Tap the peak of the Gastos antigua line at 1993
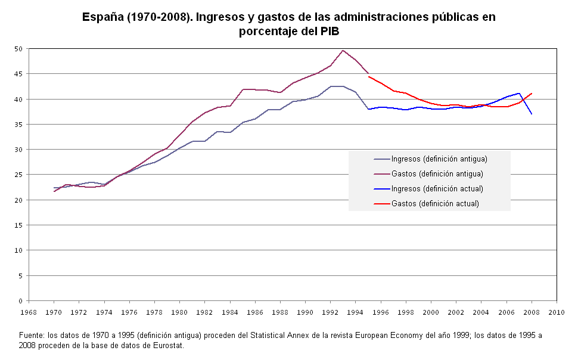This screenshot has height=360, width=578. (x=343, y=51)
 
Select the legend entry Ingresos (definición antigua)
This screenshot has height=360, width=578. (x=439, y=159)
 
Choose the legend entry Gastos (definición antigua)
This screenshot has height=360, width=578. (x=437, y=174)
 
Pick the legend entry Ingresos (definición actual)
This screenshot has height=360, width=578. (x=437, y=189)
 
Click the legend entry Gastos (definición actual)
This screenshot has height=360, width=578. (x=435, y=204)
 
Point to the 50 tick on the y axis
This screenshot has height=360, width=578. (x=18, y=49)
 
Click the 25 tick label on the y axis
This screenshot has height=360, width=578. (x=18, y=175)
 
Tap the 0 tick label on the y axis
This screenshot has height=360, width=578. (x=20, y=301)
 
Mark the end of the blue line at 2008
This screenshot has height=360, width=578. (x=532, y=113)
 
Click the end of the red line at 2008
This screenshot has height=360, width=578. (x=532, y=93)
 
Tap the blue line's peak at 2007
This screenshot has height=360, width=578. (x=520, y=93)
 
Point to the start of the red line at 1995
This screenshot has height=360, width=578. (x=369, y=76)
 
